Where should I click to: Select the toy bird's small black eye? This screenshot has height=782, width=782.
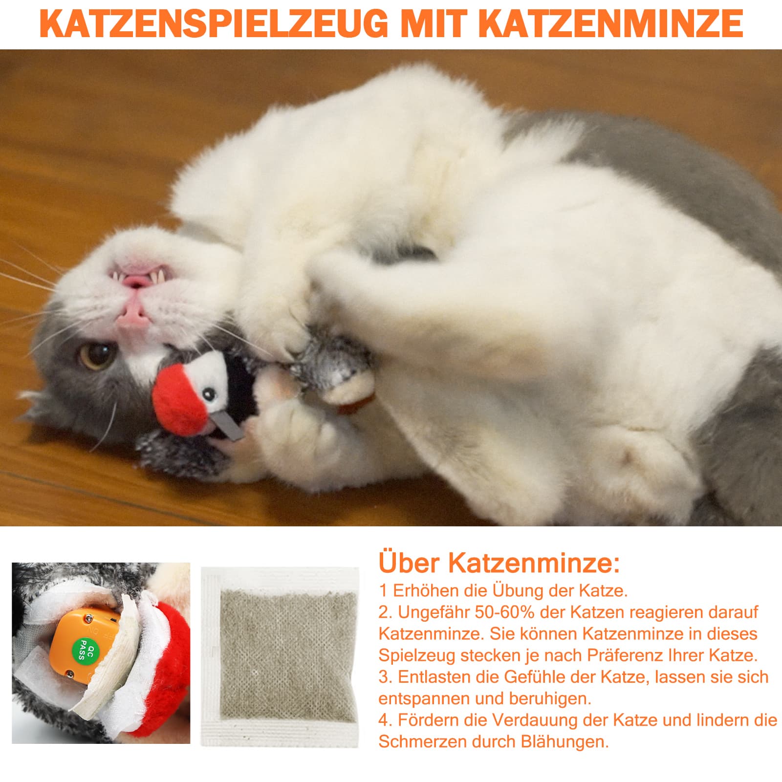pos(210,393)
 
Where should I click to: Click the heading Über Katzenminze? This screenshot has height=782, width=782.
pos(500,563)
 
